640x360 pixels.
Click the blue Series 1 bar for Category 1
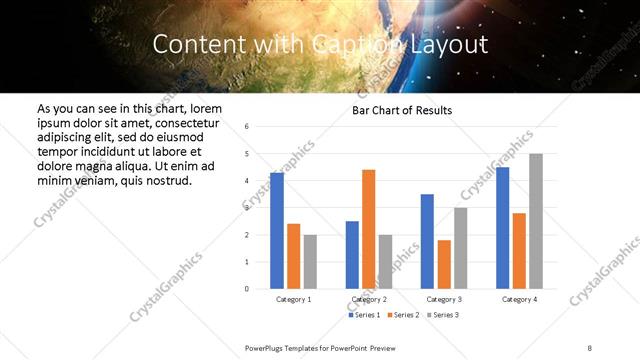pyautogui.click(x=277, y=231)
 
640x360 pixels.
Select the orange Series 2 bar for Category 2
pyautogui.click(x=369, y=229)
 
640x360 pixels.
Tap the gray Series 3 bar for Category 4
pyautogui.click(x=536, y=221)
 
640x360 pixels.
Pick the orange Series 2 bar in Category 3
pyautogui.click(x=444, y=264)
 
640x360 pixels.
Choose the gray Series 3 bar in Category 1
pyautogui.click(x=310, y=262)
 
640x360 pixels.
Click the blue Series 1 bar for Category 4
pyautogui.click(x=503, y=228)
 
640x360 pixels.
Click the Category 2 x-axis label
pyautogui.click(x=369, y=299)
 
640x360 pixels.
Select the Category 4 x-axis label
pyautogui.click(x=519, y=299)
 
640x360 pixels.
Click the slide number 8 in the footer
pyautogui.click(x=590, y=348)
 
